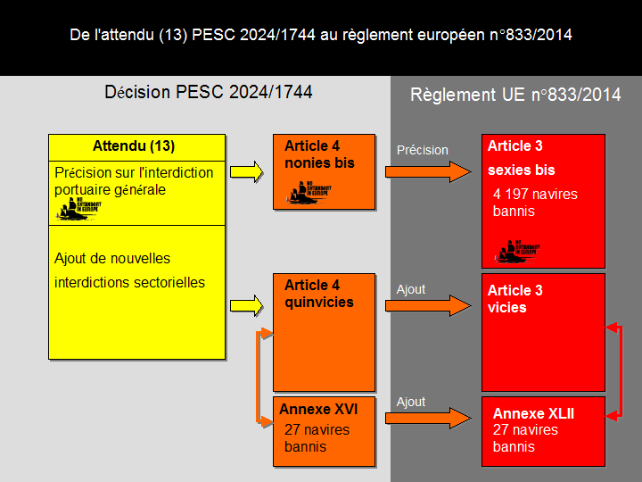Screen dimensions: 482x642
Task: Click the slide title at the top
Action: point(321,35)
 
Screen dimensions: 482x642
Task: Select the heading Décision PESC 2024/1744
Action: point(209,92)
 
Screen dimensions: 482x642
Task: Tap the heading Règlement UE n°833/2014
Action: point(515,95)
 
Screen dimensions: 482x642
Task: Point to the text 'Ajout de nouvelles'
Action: point(112,259)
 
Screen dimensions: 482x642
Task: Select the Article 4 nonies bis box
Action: point(324,171)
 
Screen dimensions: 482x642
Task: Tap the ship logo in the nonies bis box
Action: point(309,194)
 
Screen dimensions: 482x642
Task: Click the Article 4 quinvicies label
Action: point(318,294)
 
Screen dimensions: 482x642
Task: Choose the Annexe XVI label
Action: point(318,409)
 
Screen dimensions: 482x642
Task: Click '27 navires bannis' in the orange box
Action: point(317,438)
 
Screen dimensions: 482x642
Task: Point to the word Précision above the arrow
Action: point(422,150)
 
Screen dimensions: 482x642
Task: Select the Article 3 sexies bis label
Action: point(521,158)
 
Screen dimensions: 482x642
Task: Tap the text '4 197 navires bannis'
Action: point(534,203)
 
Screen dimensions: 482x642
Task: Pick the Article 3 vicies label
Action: point(514,299)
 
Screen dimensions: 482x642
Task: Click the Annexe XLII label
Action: point(533,413)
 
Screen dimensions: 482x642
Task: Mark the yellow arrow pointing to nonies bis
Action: point(247,170)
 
